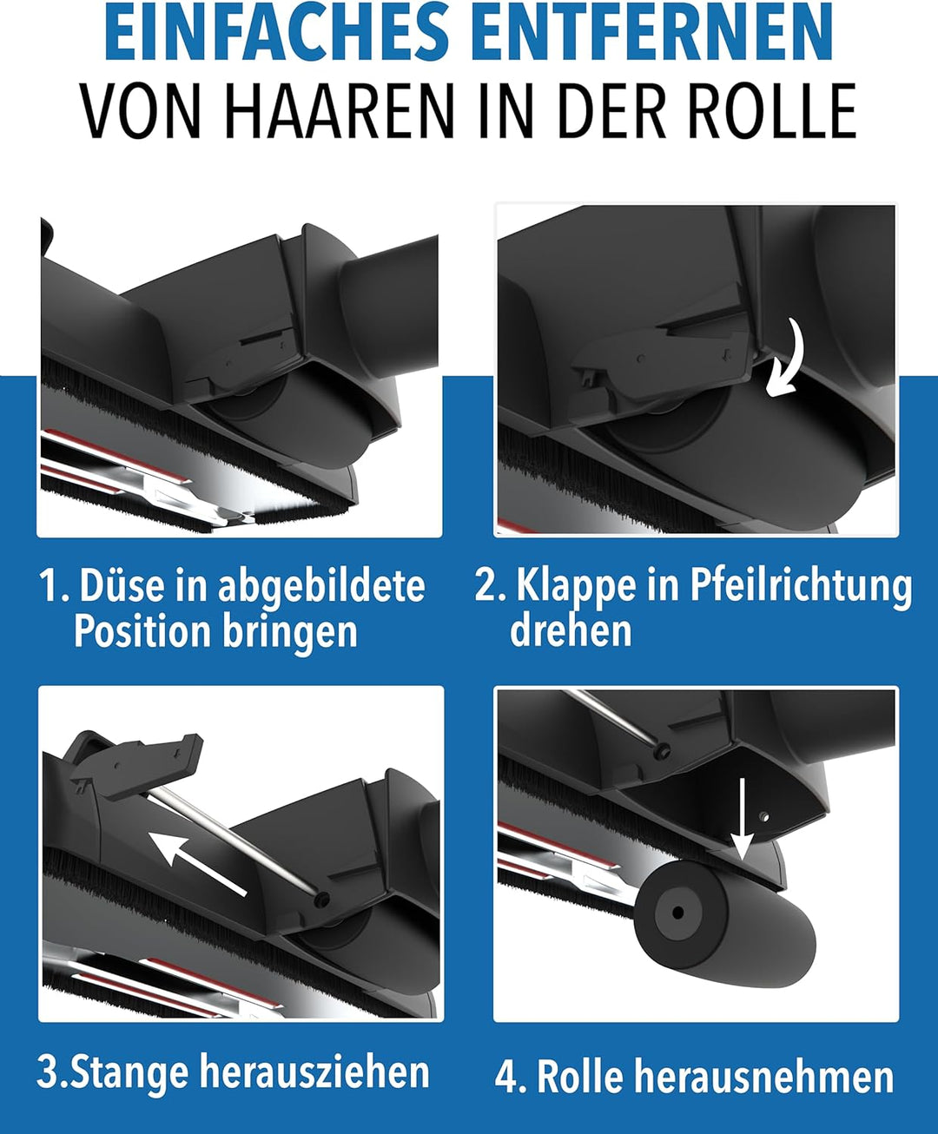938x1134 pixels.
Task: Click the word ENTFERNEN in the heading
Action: (x=652, y=30)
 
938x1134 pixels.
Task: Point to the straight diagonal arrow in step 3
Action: (x=198, y=864)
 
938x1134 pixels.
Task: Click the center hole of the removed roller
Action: (x=677, y=913)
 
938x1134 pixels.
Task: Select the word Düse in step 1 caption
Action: (x=122, y=585)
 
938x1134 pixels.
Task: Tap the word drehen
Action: (x=571, y=630)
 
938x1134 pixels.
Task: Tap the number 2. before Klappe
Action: (x=490, y=585)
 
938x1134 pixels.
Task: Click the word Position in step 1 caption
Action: (x=142, y=631)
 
